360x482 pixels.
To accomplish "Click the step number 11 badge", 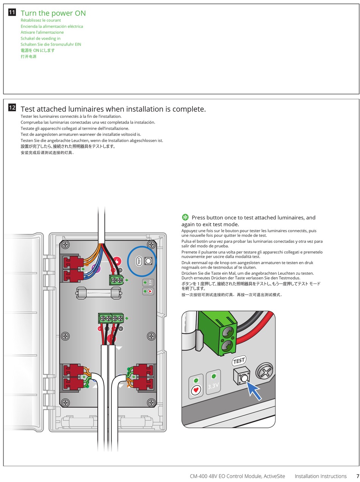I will pyautogui.click(x=12, y=13).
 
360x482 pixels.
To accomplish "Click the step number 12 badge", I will pyautogui.click(x=12, y=108).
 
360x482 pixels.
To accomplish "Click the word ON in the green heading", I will pyautogui.click(x=80, y=13).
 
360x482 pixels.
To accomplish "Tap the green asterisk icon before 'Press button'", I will pyautogui.click(x=185, y=217).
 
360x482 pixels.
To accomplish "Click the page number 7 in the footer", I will pyautogui.click(x=357, y=476).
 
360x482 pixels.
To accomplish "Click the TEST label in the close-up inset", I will pyautogui.click(x=239, y=360).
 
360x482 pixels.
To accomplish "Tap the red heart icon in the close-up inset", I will pyautogui.click(x=196, y=390).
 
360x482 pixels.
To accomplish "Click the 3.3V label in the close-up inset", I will pyautogui.click(x=213, y=386).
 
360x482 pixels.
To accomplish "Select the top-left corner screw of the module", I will pyautogui.click(x=66, y=244).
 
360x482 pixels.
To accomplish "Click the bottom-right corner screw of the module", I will pyautogui.click(x=151, y=402).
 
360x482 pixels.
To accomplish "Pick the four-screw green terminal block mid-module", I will pyautogui.click(x=111, y=318).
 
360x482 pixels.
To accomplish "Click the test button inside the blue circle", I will pyautogui.click(x=148, y=261).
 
